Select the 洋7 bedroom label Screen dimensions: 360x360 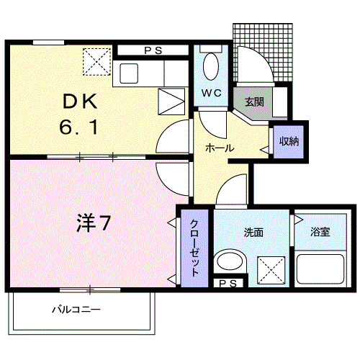pyautogui.click(x=94, y=224)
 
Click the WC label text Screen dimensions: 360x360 pyautogui.click(x=211, y=94)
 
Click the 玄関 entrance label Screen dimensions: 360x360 pyautogui.click(x=253, y=102)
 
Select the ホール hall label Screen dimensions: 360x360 pyautogui.click(x=219, y=148)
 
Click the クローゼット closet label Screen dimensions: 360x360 pyautogui.click(x=195, y=248)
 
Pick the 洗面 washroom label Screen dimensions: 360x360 pyautogui.click(x=253, y=232)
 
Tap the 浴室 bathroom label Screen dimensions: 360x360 pyautogui.click(x=320, y=232)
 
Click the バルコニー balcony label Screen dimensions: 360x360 pyautogui.click(x=76, y=310)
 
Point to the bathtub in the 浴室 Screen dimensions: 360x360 pyautogui.click(x=321, y=270)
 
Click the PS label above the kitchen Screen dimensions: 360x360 pyautogui.click(x=152, y=50)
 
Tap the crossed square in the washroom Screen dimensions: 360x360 pyautogui.click(x=272, y=271)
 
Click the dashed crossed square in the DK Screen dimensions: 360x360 pyautogui.click(x=96, y=60)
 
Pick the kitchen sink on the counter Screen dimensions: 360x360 pyautogui.click(x=130, y=73)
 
